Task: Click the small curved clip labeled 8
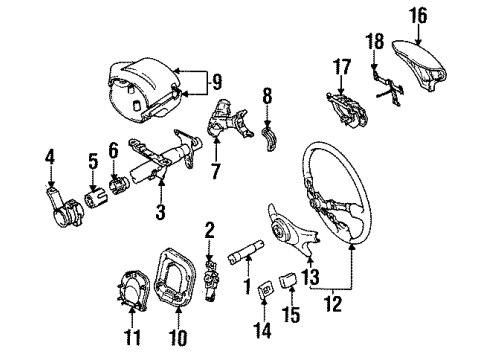click(x=268, y=137)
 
